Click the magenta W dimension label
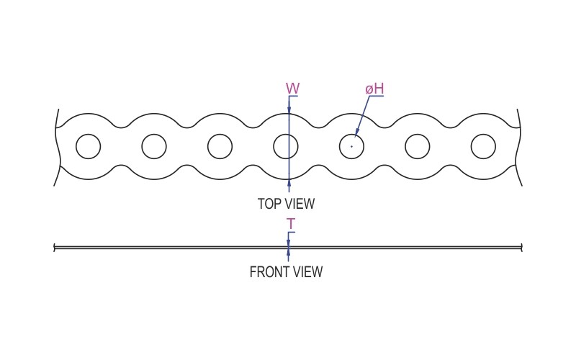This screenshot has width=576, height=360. (x=293, y=89)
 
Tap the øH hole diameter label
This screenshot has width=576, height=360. (x=374, y=89)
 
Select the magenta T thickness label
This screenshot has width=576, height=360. (x=291, y=224)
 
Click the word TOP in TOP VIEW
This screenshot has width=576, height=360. (x=270, y=204)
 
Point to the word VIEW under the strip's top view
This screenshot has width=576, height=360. (x=300, y=204)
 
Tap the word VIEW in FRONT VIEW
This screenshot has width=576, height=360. (x=308, y=272)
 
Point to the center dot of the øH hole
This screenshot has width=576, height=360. (x=351, y=146)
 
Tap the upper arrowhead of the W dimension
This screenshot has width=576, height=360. (x=289, y=109)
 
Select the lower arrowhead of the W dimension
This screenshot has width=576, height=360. (x=289, y=184)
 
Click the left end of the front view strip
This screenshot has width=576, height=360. (x=55, y=248)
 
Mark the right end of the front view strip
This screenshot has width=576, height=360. (x=521, y=248)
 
